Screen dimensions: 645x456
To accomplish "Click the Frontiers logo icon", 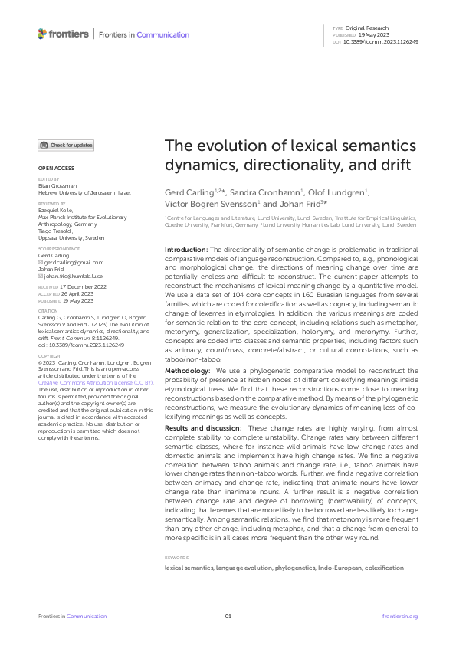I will pos(43,34).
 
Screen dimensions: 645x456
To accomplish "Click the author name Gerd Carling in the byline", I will pos(192,192).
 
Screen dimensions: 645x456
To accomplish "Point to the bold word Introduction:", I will pos(187,250).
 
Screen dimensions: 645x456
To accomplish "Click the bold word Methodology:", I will pos(189,370).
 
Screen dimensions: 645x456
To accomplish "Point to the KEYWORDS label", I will pos(178,558).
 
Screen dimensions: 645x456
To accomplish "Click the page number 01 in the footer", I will pos(228,616).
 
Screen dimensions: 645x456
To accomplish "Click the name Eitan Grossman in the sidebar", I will pos(57,185).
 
